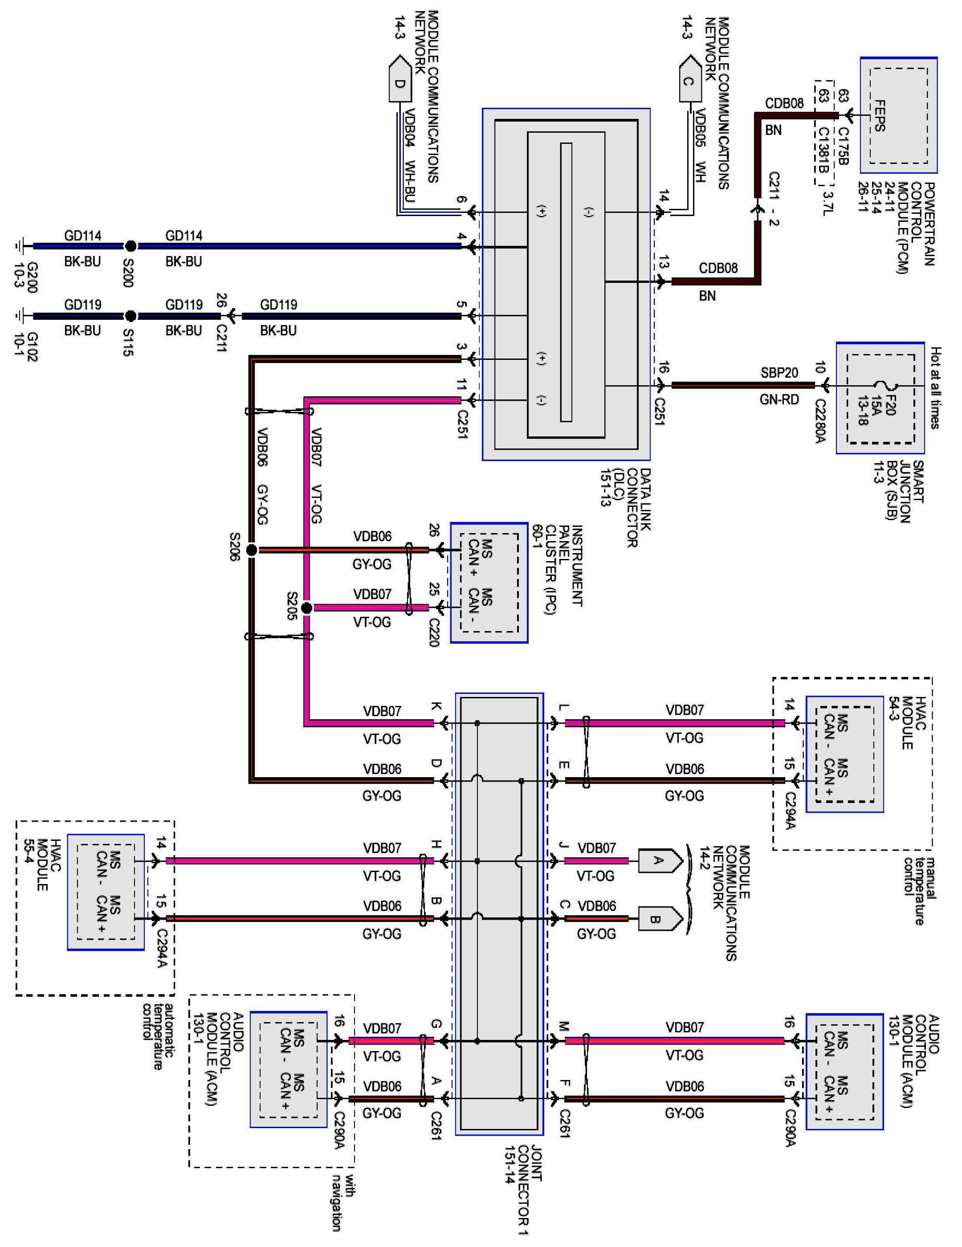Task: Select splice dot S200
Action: (131, 246)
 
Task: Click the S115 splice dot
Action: (131, 316)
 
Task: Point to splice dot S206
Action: (251, 550)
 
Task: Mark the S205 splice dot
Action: (306, 608)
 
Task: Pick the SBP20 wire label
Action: (779, 373)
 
